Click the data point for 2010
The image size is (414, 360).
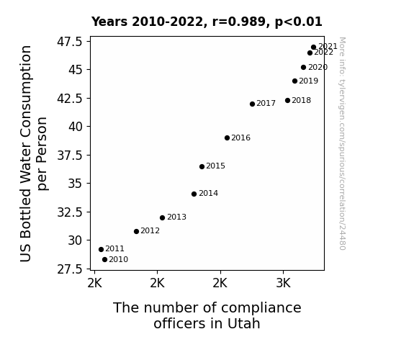tap(104, 260)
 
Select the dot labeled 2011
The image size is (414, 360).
tap(101, 249)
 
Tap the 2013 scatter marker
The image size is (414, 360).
tap(163, 217)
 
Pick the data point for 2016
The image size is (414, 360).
tap(227, 138)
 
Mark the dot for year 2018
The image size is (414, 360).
tap(287, 100)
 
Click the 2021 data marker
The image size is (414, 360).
tap(313, 48)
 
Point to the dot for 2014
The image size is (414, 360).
tap(194, 194)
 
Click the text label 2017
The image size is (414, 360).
tap(266, 103)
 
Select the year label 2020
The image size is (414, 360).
tap(318, 68)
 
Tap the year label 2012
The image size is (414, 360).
tap(150, 231)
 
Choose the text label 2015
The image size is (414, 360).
tap(215, 166)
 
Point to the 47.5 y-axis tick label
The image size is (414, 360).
tap(70, 42)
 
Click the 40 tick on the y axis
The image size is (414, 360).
tap(76, 127)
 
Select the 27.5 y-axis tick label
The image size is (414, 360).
tap(70, 269)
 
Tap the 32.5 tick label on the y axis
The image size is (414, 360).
tap(70, 212)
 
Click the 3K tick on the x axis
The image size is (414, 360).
tap(283, 283)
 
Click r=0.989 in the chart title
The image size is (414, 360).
tap(239, 22)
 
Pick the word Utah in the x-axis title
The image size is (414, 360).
tap(243, 323)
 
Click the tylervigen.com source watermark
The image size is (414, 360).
tap(342, 143)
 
